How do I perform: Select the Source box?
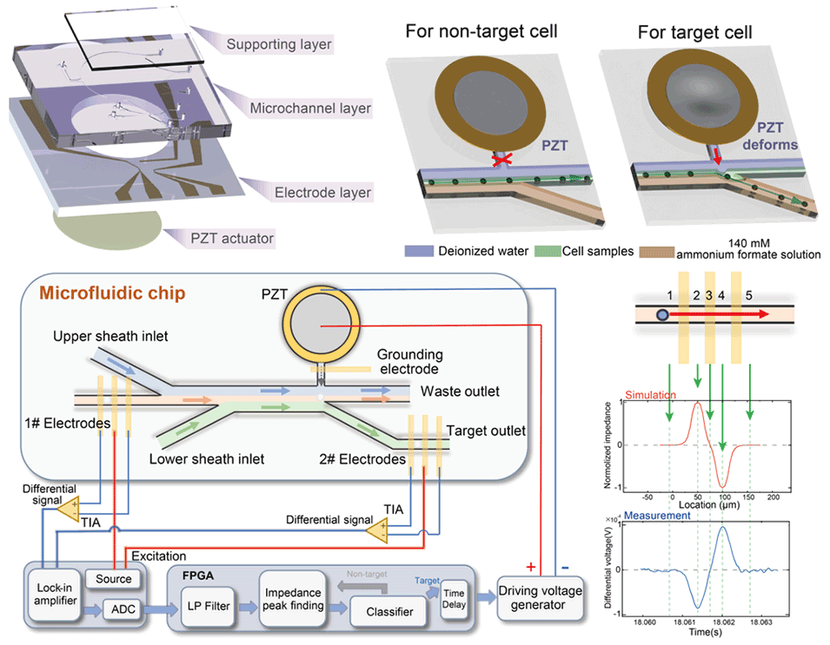tap(113, 579)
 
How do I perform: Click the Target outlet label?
tap(486, 430)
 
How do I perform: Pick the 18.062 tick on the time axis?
tap(722, 622)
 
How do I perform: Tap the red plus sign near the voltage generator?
tap(530, 567)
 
